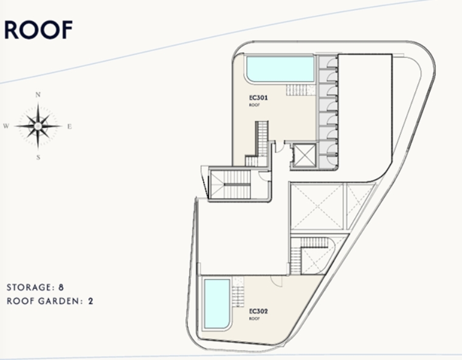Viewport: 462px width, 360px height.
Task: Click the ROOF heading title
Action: [x=38, y=30]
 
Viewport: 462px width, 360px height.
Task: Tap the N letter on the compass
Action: [x=38, y=95]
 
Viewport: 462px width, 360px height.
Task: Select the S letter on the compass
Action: [x=38, y=157]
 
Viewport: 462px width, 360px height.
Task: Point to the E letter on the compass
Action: [x=69, y=126]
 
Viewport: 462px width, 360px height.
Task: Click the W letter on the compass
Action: [x=6, y=126]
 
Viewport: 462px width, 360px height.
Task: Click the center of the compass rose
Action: [x=38, y=126]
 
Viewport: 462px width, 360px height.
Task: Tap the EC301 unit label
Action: [x=258, y=97]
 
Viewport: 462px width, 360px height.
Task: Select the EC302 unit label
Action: [x=258, y=311]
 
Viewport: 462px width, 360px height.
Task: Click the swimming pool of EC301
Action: [x=280, y=69]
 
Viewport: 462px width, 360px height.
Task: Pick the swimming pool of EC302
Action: [x=217, y=303]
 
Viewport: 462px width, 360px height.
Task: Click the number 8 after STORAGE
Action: [x=61, y=287]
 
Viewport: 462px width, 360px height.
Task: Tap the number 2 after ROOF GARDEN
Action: [x=91, y=301]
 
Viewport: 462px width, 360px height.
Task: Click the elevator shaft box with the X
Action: [x=305, y=155]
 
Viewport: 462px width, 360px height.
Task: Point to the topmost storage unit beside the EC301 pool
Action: [x=328, y=63]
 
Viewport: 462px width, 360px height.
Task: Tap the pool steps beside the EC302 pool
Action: [x=238, y=292]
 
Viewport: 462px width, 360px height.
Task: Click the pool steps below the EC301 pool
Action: [x=300, y=90]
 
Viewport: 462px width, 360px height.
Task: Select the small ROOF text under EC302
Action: [x=254, y=319]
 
